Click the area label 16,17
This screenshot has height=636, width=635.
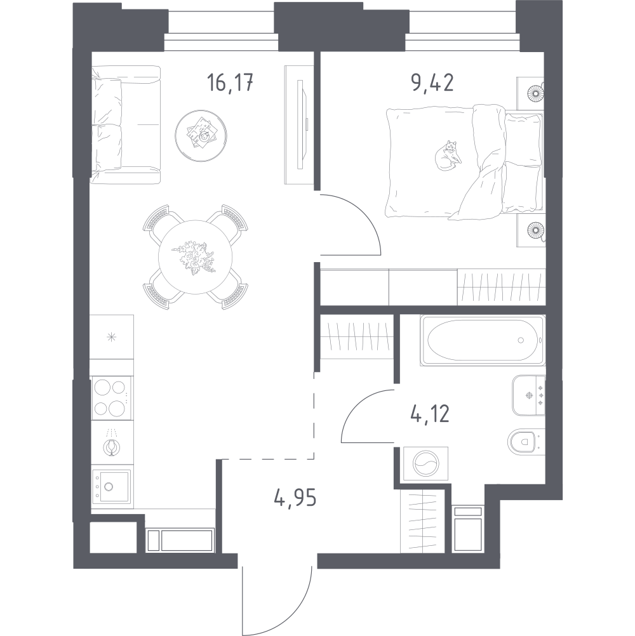tap(230, 84)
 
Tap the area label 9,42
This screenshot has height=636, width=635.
tap(432, 84)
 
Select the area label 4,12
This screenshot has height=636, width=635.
tap(428, 414)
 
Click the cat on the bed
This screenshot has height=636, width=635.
tap(448, 156)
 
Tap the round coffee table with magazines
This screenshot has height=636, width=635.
tap(202, 135)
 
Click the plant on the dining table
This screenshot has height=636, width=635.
tap(194, 258)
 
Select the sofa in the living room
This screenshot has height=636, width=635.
tap(125, 124)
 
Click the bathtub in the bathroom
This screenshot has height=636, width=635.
tap(482, 341)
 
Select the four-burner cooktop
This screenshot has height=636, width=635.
tap(110, 397)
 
